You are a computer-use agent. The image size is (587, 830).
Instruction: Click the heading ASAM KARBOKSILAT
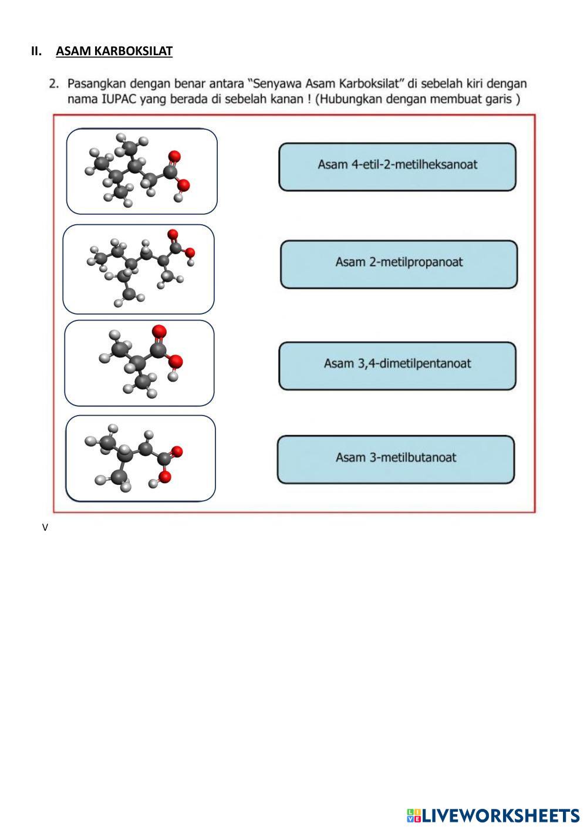click(x=114, y=50)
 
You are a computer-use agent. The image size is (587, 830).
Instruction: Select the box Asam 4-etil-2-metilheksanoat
click(x=397, y=167)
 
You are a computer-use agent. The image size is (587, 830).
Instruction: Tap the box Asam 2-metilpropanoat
click(x=399, y=264)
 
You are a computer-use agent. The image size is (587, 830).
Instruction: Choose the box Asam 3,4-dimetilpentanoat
click(x=397, y=366)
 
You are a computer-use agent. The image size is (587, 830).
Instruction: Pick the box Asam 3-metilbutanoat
click(x=396, y=460)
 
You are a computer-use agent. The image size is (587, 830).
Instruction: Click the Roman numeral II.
click(x=36, y=50)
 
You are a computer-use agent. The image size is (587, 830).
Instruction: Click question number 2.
click(x=54, y=84)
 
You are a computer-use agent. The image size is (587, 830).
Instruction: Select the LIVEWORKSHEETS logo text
click(x=501, y=816)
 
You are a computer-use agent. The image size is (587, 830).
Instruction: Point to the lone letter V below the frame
click(x=45, y=528)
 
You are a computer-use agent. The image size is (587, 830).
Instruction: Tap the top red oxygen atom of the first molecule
click(x=174, y=156)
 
